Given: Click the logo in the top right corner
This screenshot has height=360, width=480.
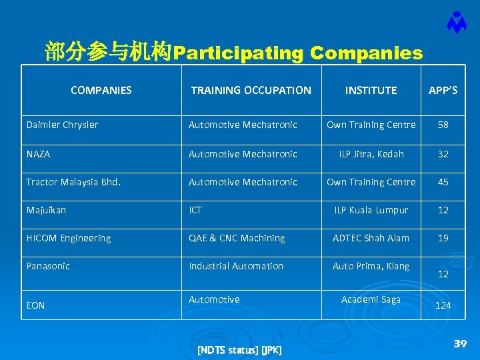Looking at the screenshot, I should click(456, 23).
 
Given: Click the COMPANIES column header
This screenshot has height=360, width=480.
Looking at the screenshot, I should click(101, 90).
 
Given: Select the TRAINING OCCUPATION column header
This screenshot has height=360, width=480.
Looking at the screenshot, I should click(251, 90).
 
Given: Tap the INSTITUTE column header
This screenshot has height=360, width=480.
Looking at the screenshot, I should click(371, 90).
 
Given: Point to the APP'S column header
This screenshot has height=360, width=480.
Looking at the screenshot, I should click(443, 90).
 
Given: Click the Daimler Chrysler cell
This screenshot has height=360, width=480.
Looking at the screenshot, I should click(62, 125).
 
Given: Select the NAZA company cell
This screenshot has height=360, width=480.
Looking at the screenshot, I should click(38, 154).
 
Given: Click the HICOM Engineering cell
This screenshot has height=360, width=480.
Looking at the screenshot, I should click(69, 238).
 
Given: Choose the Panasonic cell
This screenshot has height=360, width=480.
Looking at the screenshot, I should click(48, 266).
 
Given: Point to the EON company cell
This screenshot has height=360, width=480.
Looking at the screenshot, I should click(35, 305).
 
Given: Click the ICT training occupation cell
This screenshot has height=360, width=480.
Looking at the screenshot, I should click(195, 210).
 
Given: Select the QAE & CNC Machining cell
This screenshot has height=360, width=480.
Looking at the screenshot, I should click(237, 238).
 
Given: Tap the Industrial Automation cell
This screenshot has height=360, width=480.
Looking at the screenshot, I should click(236, 266).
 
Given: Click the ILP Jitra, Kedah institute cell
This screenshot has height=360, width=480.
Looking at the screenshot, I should click(371, 154).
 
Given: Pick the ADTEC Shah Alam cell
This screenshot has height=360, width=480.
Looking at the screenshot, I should click(371, 238).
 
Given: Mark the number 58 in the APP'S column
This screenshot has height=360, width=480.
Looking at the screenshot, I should click(443, 125).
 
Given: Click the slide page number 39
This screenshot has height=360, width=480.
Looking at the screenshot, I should click(459, 343).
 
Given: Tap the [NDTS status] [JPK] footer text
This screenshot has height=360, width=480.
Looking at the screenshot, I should click(239, 350).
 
